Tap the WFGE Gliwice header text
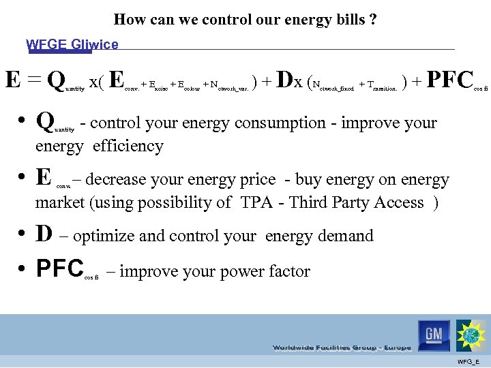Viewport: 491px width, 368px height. tap(72, 45)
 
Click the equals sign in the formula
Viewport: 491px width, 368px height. tap(35, 80)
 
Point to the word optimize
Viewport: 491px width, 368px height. tap(104, 236)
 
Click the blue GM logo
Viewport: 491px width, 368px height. tap(434, 335)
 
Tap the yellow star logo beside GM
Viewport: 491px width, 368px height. tap(471, 335)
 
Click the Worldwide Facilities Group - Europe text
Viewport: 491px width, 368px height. tap(342, 348)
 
